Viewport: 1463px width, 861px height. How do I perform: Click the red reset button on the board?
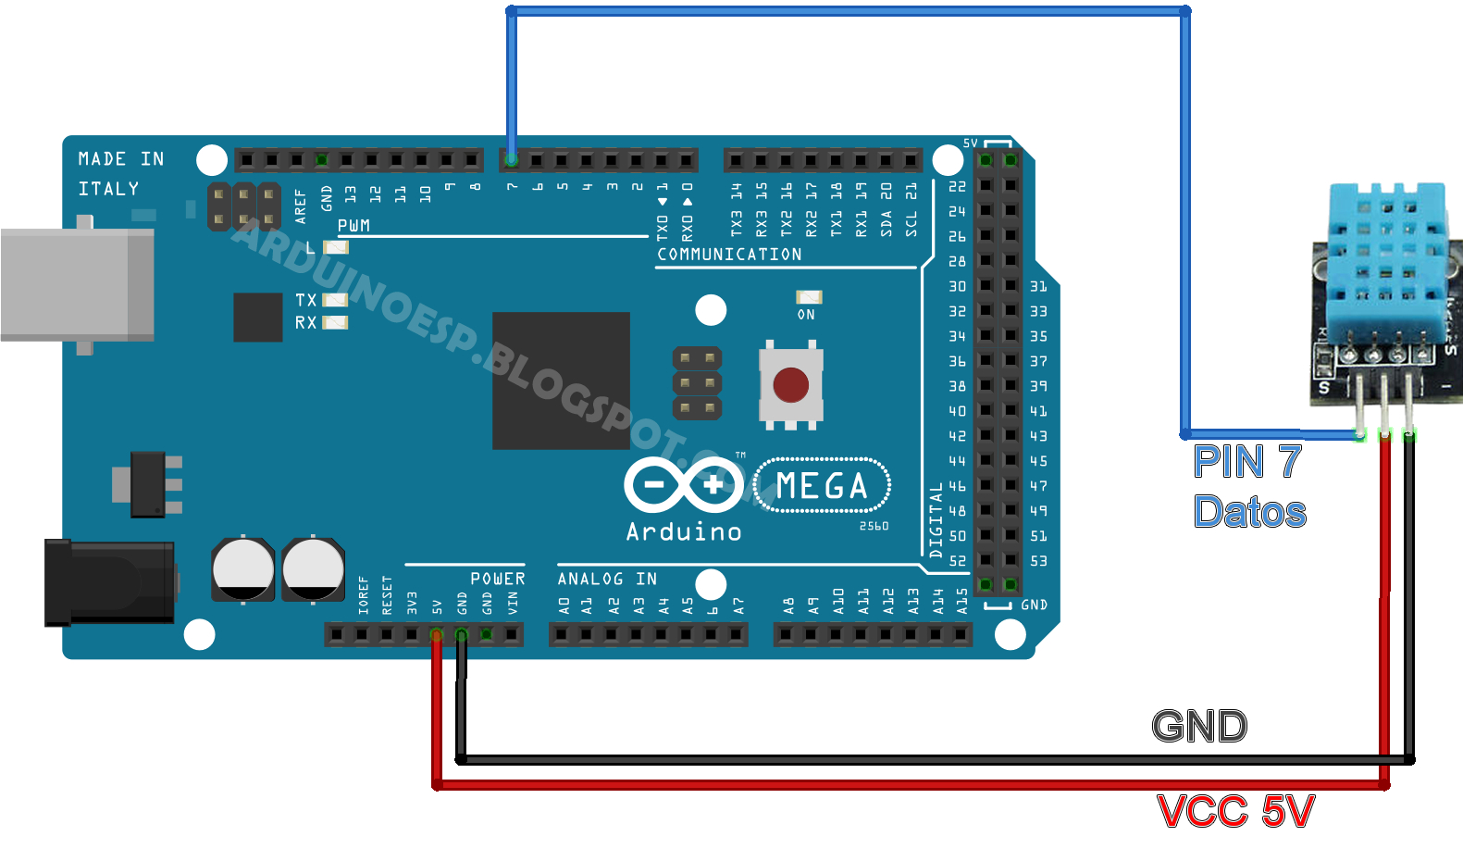coord(790,384)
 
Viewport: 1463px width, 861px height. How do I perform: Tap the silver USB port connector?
coord(77,285)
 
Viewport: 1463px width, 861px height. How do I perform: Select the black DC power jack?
coord(110,582)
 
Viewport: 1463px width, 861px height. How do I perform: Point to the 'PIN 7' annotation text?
coord(1247,462)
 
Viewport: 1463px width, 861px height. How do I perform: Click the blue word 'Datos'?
coord(1249,511)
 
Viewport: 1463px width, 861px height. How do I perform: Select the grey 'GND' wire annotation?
coord(1199,726)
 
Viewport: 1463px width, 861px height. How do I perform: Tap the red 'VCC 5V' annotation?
coord(1235,811)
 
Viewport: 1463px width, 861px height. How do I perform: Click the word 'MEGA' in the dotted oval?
coord(822,486)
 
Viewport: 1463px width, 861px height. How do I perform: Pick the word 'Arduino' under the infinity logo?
coord(684,531)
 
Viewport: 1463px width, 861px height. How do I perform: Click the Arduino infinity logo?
coord(684,485)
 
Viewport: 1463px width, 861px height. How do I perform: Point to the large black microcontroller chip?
coord(561,381)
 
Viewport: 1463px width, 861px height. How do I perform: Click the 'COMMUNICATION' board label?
coord(729,254)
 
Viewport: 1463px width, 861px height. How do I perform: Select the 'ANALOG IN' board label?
coord(607,579)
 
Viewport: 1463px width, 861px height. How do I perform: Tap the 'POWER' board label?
coord(498,579)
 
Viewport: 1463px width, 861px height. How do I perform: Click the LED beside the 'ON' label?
coord(809,297)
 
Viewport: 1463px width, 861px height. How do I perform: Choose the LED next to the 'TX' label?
coord(335,300)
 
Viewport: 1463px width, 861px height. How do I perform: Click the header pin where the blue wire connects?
coord(512,160)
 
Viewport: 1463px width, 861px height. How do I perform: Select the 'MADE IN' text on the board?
coord(121,158)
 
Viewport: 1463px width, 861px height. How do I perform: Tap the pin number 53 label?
coord(1038,560)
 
